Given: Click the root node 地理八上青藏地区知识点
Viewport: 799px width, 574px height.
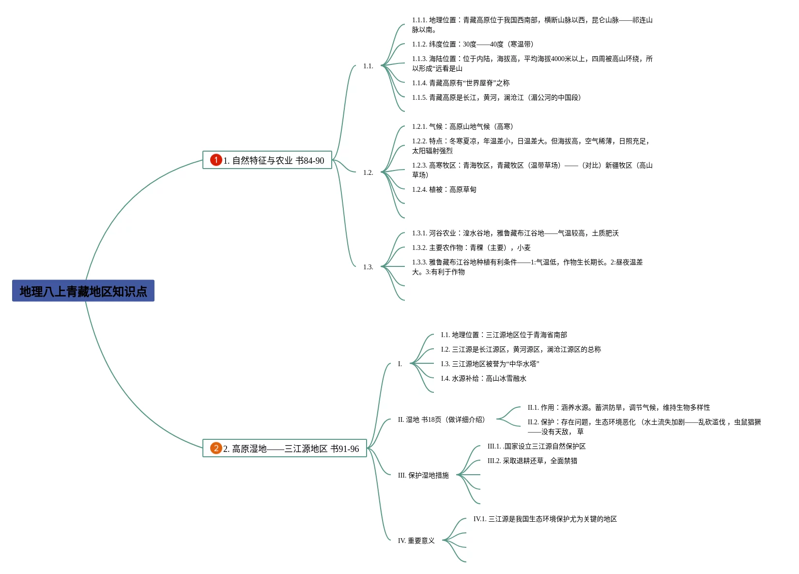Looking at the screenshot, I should [83, 291].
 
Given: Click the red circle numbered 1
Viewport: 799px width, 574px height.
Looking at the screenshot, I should [216, 159].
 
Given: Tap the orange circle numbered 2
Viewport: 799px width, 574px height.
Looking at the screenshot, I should [216, 448].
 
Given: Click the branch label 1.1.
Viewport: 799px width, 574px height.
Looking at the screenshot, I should [368, 66].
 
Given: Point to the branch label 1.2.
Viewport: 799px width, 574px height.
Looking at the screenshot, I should [368, 172].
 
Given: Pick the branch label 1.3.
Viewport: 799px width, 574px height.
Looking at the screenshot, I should [368, 267].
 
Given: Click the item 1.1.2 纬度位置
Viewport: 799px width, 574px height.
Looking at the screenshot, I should [473, 44].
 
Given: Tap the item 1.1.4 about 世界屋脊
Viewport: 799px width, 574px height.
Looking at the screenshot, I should [461, 83].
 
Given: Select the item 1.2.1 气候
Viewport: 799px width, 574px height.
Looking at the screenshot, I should [462, 126].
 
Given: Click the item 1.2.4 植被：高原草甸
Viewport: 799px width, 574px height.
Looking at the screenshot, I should [444, 189].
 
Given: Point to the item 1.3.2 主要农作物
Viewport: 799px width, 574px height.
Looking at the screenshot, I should [471, 248].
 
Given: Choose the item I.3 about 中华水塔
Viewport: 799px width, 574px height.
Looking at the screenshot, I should [490, 364].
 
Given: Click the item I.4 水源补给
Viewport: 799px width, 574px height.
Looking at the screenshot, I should [483, 378].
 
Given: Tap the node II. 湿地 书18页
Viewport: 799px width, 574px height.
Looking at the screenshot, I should [441, 419].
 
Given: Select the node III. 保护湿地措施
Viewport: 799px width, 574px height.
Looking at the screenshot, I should [423, 475].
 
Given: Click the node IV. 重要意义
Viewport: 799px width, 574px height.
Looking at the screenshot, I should [416, 541].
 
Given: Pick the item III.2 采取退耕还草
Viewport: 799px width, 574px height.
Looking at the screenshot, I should [532, 461].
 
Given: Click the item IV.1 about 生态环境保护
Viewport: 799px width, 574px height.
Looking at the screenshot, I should [545, 519].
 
